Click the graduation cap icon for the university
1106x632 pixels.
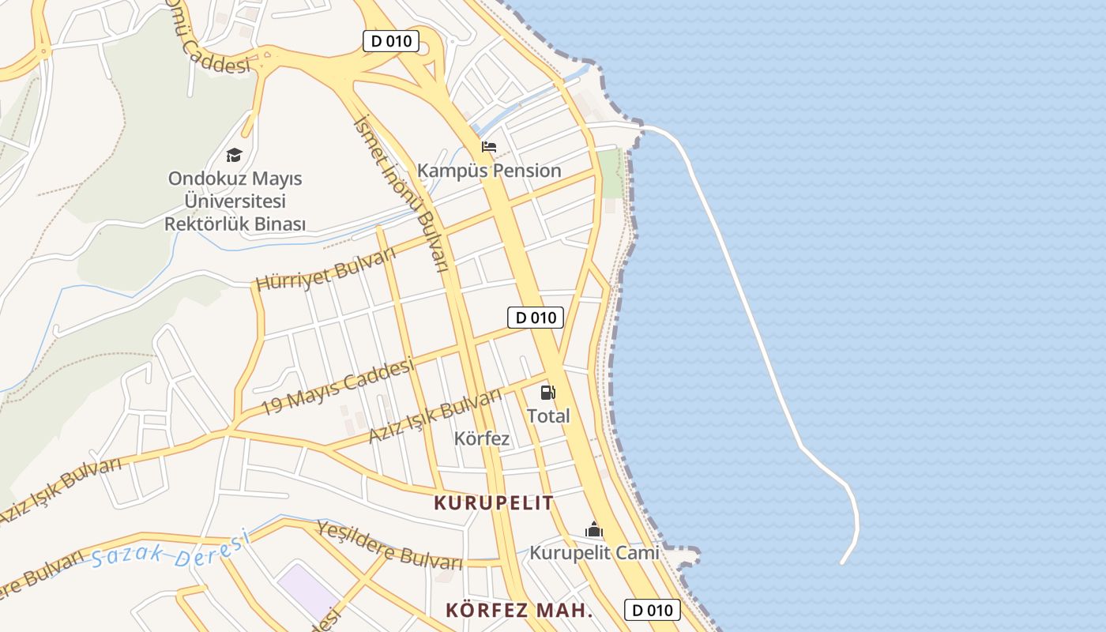pyautogui.click(x=234, y=155)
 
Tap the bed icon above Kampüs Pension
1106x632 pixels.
pyautogui.click(x=489, y=147)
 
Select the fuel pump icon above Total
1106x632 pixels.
pyautogui.click(x=547, y=392)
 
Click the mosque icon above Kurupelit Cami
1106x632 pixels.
pyautogui.click(x=593, y=530)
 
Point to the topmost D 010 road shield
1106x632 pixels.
pyautogui.click(x=390, y=41)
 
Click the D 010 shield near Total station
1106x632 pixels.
pyautogui.click(x=535, y=318)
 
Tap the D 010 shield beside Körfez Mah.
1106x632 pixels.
pyautogui.click(x=652, y=610)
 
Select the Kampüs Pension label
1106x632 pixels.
pyautogui.click(x=489, y=171)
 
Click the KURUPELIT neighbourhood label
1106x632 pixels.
pyautogui.click(x=494, y=502)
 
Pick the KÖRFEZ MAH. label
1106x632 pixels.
pyautogui.click(x=519, y=611)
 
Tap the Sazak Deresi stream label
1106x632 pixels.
pyautogui.click(x=169, y=551)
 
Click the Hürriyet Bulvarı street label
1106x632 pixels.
pyautogui.click(x=325, y=269)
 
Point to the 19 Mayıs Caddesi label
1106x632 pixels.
pyautogui.click(x=337, y=386)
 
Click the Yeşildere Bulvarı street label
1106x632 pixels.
pyautogui.click(x=389, y=545)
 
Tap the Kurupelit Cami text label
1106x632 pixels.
pyautogui.click(x=594, y=553)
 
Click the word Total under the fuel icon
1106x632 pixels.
pyautogui.click(x=548, y=416)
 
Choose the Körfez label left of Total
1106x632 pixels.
pyautogui.click(x=482, y=438)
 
